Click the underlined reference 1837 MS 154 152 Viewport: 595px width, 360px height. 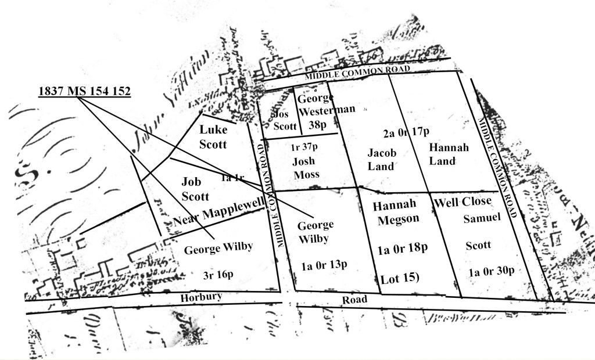(x=84, y=91)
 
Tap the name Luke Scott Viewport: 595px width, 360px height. (x=213, y=136)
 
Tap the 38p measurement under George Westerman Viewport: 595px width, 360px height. (x=319, y=124)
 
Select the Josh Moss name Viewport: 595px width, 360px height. (x=306, y=168)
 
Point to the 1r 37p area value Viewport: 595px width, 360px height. (x=305, y=148)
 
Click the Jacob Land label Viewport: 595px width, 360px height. (x=382, y=159)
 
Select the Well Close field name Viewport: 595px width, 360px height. (x=463, y=201)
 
